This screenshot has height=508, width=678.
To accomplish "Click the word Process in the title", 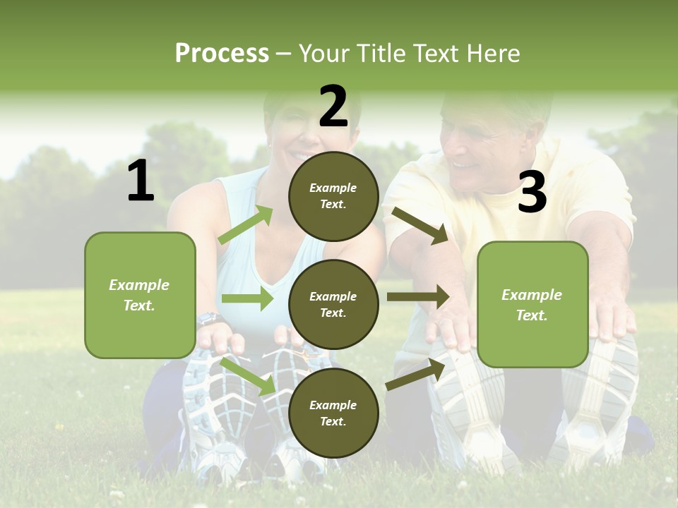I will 222,53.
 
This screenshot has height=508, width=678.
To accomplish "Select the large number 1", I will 141,181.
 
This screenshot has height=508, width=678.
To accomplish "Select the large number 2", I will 333,107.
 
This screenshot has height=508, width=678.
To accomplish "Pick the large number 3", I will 532,193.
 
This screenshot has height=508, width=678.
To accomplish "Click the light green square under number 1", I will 140,295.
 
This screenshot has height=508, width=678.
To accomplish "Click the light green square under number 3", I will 533,304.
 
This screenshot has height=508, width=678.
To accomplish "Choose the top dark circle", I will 333,196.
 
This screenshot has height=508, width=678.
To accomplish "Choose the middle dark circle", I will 333,304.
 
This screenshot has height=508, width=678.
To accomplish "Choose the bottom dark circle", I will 333,413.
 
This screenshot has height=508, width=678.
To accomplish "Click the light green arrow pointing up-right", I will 246,225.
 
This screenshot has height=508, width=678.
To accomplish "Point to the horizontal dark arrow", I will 417,297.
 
